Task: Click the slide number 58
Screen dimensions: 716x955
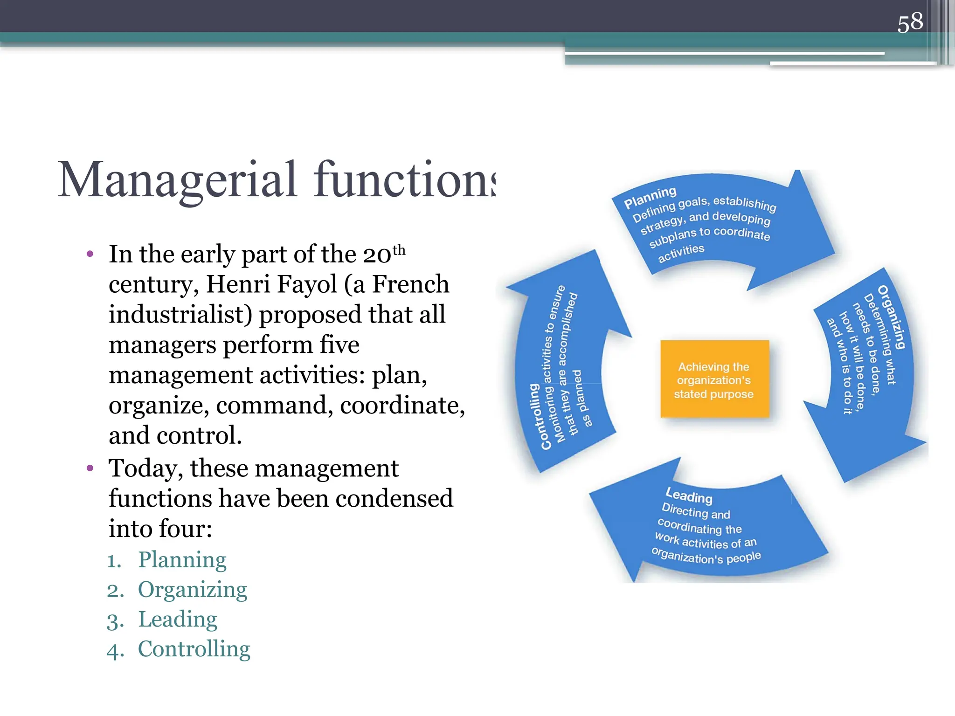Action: pos(910,22)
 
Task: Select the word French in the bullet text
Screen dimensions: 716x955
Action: pos(410,284)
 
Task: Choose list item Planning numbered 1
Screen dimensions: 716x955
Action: pos(182,559)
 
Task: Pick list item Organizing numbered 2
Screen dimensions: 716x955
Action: pos(192,589)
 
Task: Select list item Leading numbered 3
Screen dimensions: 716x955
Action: pos(177,619)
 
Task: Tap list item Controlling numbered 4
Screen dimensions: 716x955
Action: pos(194,649)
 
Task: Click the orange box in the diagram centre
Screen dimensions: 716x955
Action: pos(714,379)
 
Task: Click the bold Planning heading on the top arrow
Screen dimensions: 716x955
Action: pos(650,198)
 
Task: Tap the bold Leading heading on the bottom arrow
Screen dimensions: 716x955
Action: pos(689,495)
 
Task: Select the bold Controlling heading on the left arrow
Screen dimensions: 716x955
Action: pos(534,416)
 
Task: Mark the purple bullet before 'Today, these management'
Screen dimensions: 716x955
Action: pos(90,468)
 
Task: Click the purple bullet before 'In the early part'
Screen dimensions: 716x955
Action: pos(90,254)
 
